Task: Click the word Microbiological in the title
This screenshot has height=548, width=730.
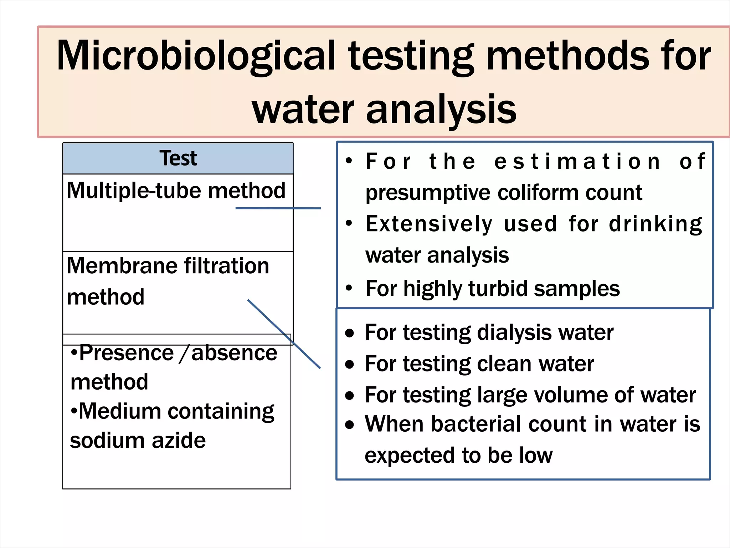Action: (x=196, y=56)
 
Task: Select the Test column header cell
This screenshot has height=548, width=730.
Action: (x=178, y=158)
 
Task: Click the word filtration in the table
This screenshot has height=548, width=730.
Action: (x=226, y=266)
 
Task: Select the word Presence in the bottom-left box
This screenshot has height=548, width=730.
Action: (x=126, y=353)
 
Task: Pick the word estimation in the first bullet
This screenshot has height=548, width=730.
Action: (x=578, y=162)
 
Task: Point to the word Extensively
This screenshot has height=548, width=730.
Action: (x=429, y=224)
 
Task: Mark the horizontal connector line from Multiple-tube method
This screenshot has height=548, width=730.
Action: (x=278, y=208)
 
